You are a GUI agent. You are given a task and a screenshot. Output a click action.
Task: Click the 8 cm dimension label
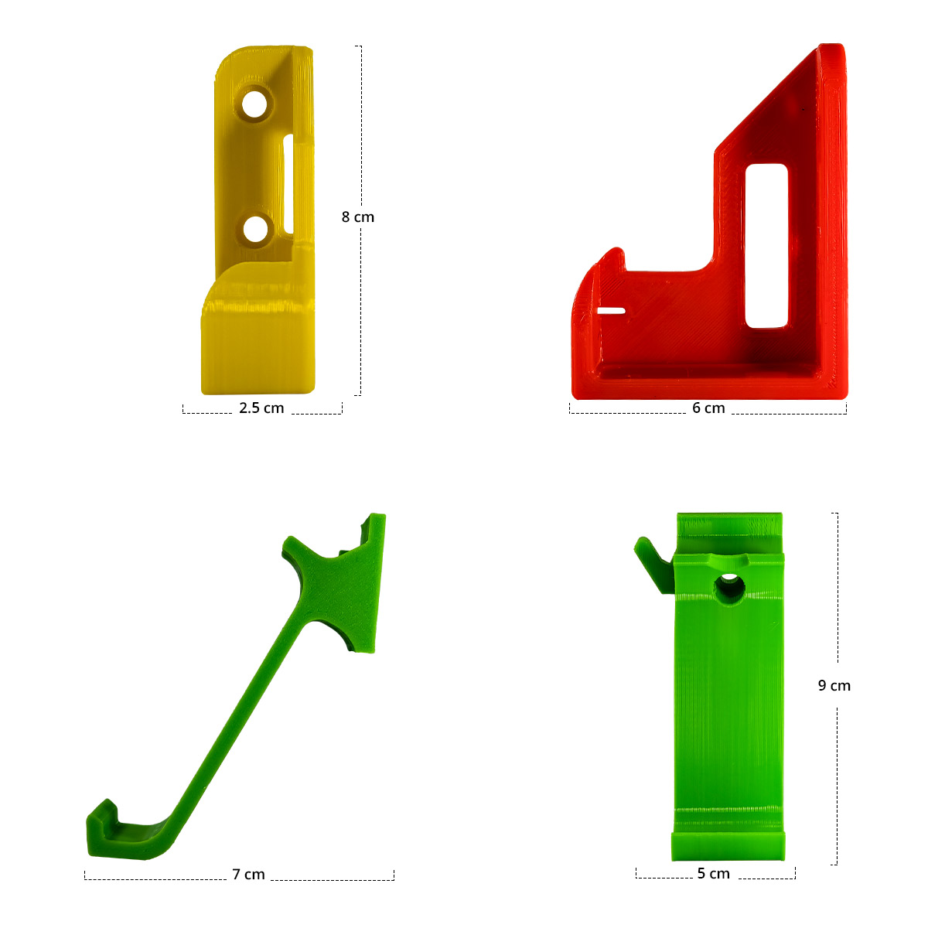[x=357, y=217]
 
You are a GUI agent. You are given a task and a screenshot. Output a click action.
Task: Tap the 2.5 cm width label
[x=261, y=408]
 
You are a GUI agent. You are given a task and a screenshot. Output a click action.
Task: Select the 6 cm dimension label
[x=708, y=408]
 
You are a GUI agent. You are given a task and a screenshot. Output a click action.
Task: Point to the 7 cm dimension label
[x=248, y=874]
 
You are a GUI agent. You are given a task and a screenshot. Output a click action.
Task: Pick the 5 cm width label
[x=713, y=873]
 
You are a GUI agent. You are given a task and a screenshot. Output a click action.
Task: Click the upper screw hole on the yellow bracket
[x=254, y=104]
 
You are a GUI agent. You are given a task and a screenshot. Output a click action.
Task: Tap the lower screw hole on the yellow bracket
[x=255, y=230]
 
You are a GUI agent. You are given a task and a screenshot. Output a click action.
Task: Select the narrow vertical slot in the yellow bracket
[x=288, y=185]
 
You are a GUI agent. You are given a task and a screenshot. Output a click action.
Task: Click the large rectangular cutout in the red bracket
[x=766, y=246]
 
